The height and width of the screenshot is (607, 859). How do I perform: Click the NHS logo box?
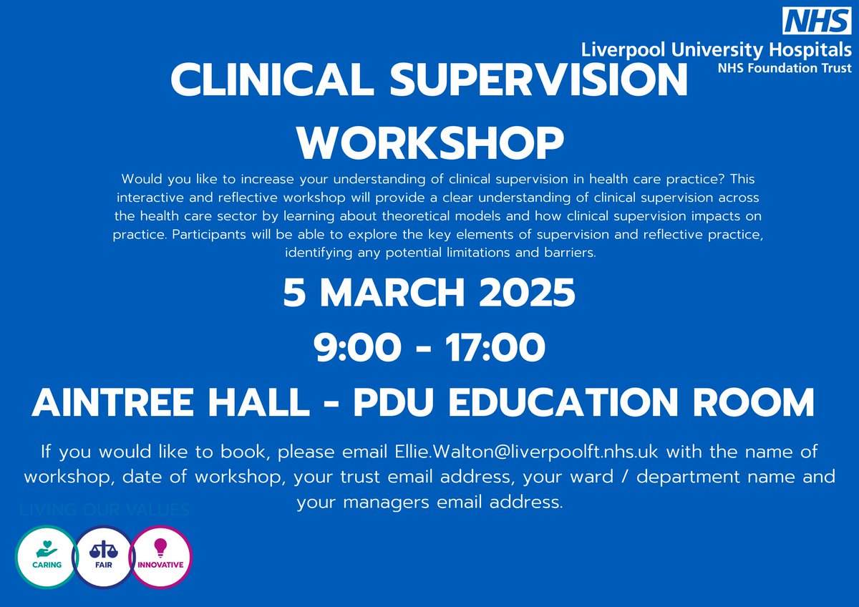click(x=816, y=21)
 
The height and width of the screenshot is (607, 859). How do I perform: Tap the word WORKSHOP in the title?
click(x=429, y=143)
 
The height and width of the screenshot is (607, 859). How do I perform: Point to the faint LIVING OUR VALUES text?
click(x=105, y=510)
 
